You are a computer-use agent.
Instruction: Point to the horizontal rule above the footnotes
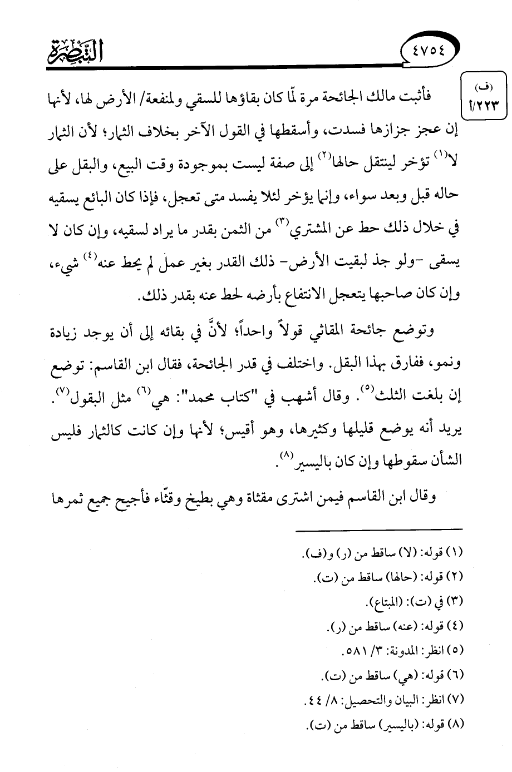379,529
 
